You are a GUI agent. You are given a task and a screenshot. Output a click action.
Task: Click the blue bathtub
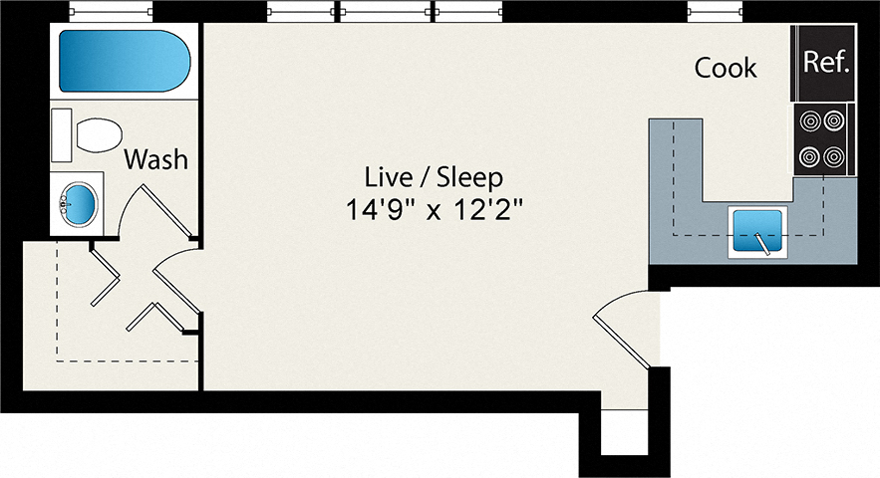(122, 62)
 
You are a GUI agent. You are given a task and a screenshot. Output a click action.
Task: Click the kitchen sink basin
(756, 230)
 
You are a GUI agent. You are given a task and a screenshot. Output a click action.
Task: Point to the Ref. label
(825, 63)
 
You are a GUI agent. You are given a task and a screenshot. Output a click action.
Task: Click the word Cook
(726, 68)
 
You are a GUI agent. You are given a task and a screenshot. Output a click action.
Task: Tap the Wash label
(156, 158)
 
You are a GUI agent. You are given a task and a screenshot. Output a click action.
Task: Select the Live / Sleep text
(434, 178)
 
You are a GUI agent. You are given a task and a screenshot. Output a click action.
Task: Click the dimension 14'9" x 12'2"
(434, 211)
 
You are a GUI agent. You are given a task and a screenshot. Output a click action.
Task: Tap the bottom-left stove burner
(810, 156)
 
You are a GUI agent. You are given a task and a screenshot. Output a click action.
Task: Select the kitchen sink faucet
(762, 241)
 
